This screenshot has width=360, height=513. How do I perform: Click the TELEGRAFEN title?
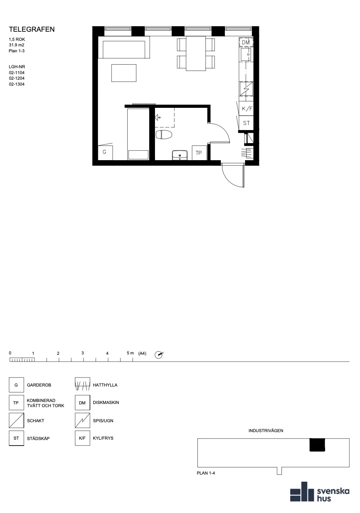pos(32,29)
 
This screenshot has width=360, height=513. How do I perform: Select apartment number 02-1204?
pos(17,78)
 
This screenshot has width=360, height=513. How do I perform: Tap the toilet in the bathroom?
pos(164,135)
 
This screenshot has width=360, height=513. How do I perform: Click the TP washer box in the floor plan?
pos(199,153)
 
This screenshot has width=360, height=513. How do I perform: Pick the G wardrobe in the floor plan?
pos(105,152)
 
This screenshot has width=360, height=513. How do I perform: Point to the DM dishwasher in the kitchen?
pos(246,42)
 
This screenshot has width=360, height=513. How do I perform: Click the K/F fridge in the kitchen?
pos(246,109)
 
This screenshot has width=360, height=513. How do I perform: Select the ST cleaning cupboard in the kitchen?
pos(246,123)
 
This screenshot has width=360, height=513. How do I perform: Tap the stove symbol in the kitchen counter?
pos(246,89)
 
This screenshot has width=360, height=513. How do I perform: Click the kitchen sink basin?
pos(246,54)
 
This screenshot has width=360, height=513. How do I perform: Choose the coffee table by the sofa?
pos(124,73)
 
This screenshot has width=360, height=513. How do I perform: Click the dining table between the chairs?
pos(196,53)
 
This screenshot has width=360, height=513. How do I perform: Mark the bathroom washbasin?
pos(180,155)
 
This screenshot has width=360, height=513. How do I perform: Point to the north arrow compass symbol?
pos(159,355)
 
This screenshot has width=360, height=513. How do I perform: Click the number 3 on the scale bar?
pos(83,353)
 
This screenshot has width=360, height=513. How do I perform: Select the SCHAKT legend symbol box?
pos(17,421)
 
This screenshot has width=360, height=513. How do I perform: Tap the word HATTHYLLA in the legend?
pos(105,385)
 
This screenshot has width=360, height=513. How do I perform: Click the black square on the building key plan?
pos(317,445)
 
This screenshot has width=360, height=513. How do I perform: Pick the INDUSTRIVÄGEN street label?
pos(266,431)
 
